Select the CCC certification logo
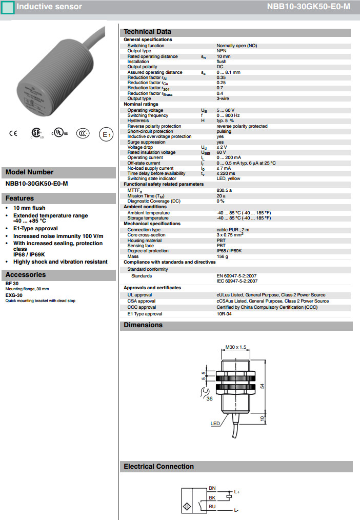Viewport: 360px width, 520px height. click(x=83, y=133)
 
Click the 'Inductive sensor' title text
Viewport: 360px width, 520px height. click(x=49, y=7)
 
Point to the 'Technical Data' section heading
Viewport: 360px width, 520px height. click(x=147, y=32)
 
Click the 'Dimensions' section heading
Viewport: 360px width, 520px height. click(x=143, y=325)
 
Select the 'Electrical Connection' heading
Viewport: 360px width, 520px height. click(x=158, y=467)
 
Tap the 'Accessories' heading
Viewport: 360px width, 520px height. click(x=26, y=275)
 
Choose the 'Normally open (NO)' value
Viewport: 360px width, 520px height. click(x=236, y=46)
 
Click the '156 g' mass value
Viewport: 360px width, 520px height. click(x=222, y=256)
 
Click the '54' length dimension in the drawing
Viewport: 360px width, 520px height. click(x=262, y=386)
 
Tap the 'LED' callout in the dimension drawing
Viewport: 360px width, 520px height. click(x=215, y=424)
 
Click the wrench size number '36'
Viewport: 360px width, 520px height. click(x=209, y=398)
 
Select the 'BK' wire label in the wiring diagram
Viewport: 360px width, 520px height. click(x=212, y=497)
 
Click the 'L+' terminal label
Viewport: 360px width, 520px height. click(x=236, y=492)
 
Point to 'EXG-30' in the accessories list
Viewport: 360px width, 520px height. click(x=14, y=295)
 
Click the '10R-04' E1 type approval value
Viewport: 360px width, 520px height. click(x=225, y=314)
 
